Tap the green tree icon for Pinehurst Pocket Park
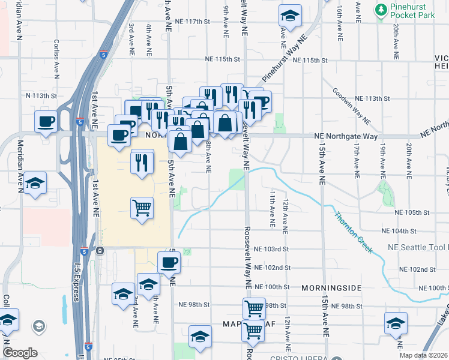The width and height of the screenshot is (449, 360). point(381,10)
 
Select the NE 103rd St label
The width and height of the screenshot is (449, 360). point(271,248)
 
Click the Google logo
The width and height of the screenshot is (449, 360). point(20,353)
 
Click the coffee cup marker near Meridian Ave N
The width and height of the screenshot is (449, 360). point(46,122)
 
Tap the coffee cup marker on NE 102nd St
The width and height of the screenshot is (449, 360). point(169,262)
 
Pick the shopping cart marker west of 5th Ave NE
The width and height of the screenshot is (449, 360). point(142,208)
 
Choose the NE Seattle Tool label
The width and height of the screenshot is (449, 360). point(415,247)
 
